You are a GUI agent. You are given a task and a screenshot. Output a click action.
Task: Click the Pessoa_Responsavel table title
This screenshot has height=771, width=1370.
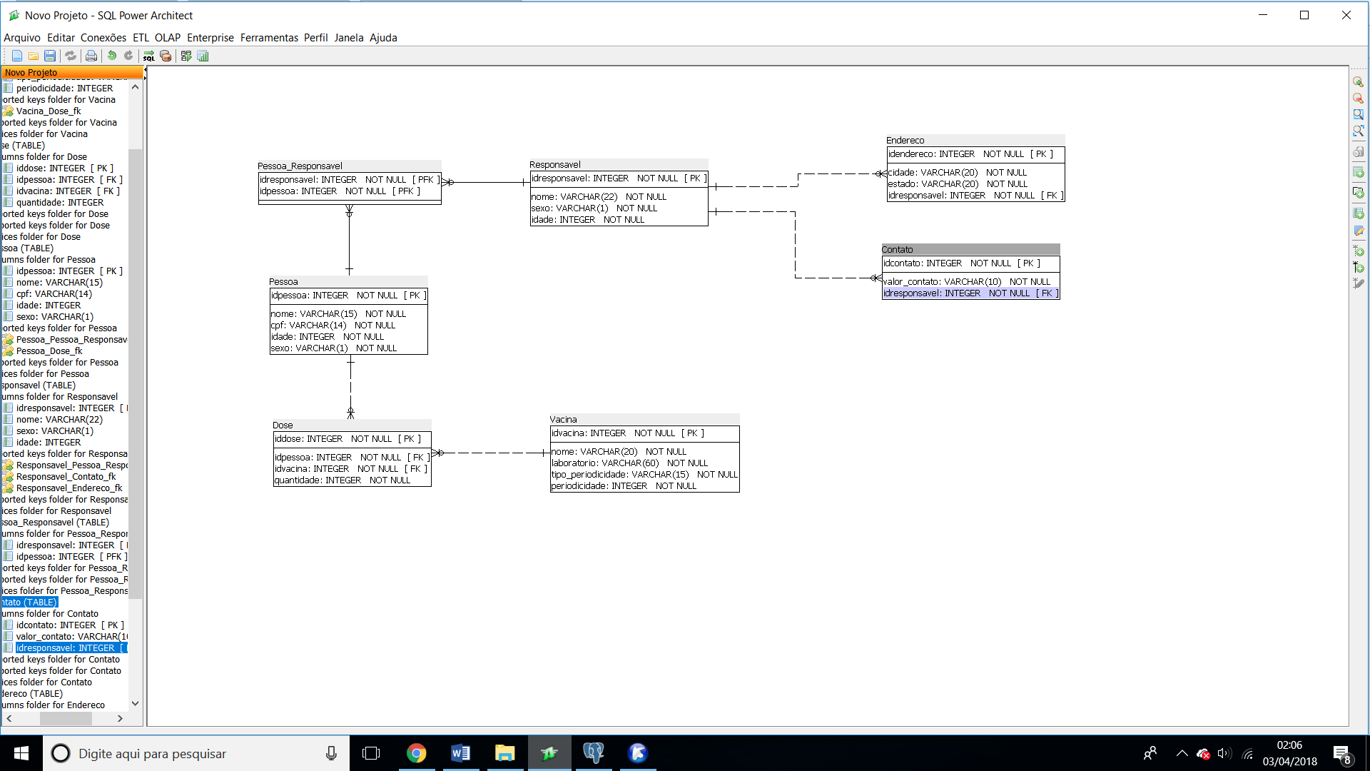click(300, 166)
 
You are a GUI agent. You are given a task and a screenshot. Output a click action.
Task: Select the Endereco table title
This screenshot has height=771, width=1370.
click(905, 141)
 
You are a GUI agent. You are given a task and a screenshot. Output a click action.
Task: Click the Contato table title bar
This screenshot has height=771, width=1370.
click(970, 249)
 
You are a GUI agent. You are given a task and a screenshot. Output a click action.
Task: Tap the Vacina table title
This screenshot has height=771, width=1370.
click(563, 420)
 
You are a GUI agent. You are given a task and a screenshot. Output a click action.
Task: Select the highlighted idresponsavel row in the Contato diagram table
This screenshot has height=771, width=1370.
click(970, 293)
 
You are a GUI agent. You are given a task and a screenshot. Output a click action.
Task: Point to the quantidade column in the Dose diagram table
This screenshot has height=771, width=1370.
click(342, 480)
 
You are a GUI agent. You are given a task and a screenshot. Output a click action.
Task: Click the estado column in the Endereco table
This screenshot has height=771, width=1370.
click(958, 184)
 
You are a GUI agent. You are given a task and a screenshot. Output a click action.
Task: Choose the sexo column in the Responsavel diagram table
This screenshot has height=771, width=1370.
click(594, 208)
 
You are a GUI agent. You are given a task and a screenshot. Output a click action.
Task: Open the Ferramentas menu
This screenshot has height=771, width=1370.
click(269, 38)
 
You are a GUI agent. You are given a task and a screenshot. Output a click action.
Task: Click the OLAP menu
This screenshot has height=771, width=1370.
click(168, 38)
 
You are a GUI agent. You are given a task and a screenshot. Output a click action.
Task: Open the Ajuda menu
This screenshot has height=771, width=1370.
click(383, 38)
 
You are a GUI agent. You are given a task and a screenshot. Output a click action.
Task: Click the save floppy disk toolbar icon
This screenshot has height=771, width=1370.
click(50, 56)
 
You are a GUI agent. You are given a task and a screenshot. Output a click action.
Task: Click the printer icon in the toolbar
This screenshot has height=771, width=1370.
click(91, 56)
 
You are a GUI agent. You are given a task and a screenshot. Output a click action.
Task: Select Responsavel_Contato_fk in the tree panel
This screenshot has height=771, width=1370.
click(66, 477)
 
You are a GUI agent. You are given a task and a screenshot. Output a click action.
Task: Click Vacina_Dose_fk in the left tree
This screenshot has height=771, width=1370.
click(49, 111)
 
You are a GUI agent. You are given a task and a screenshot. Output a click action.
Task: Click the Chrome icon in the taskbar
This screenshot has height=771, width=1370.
click(416, 753)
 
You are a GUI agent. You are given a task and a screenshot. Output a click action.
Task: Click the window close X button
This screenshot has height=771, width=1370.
click(1346, 15)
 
